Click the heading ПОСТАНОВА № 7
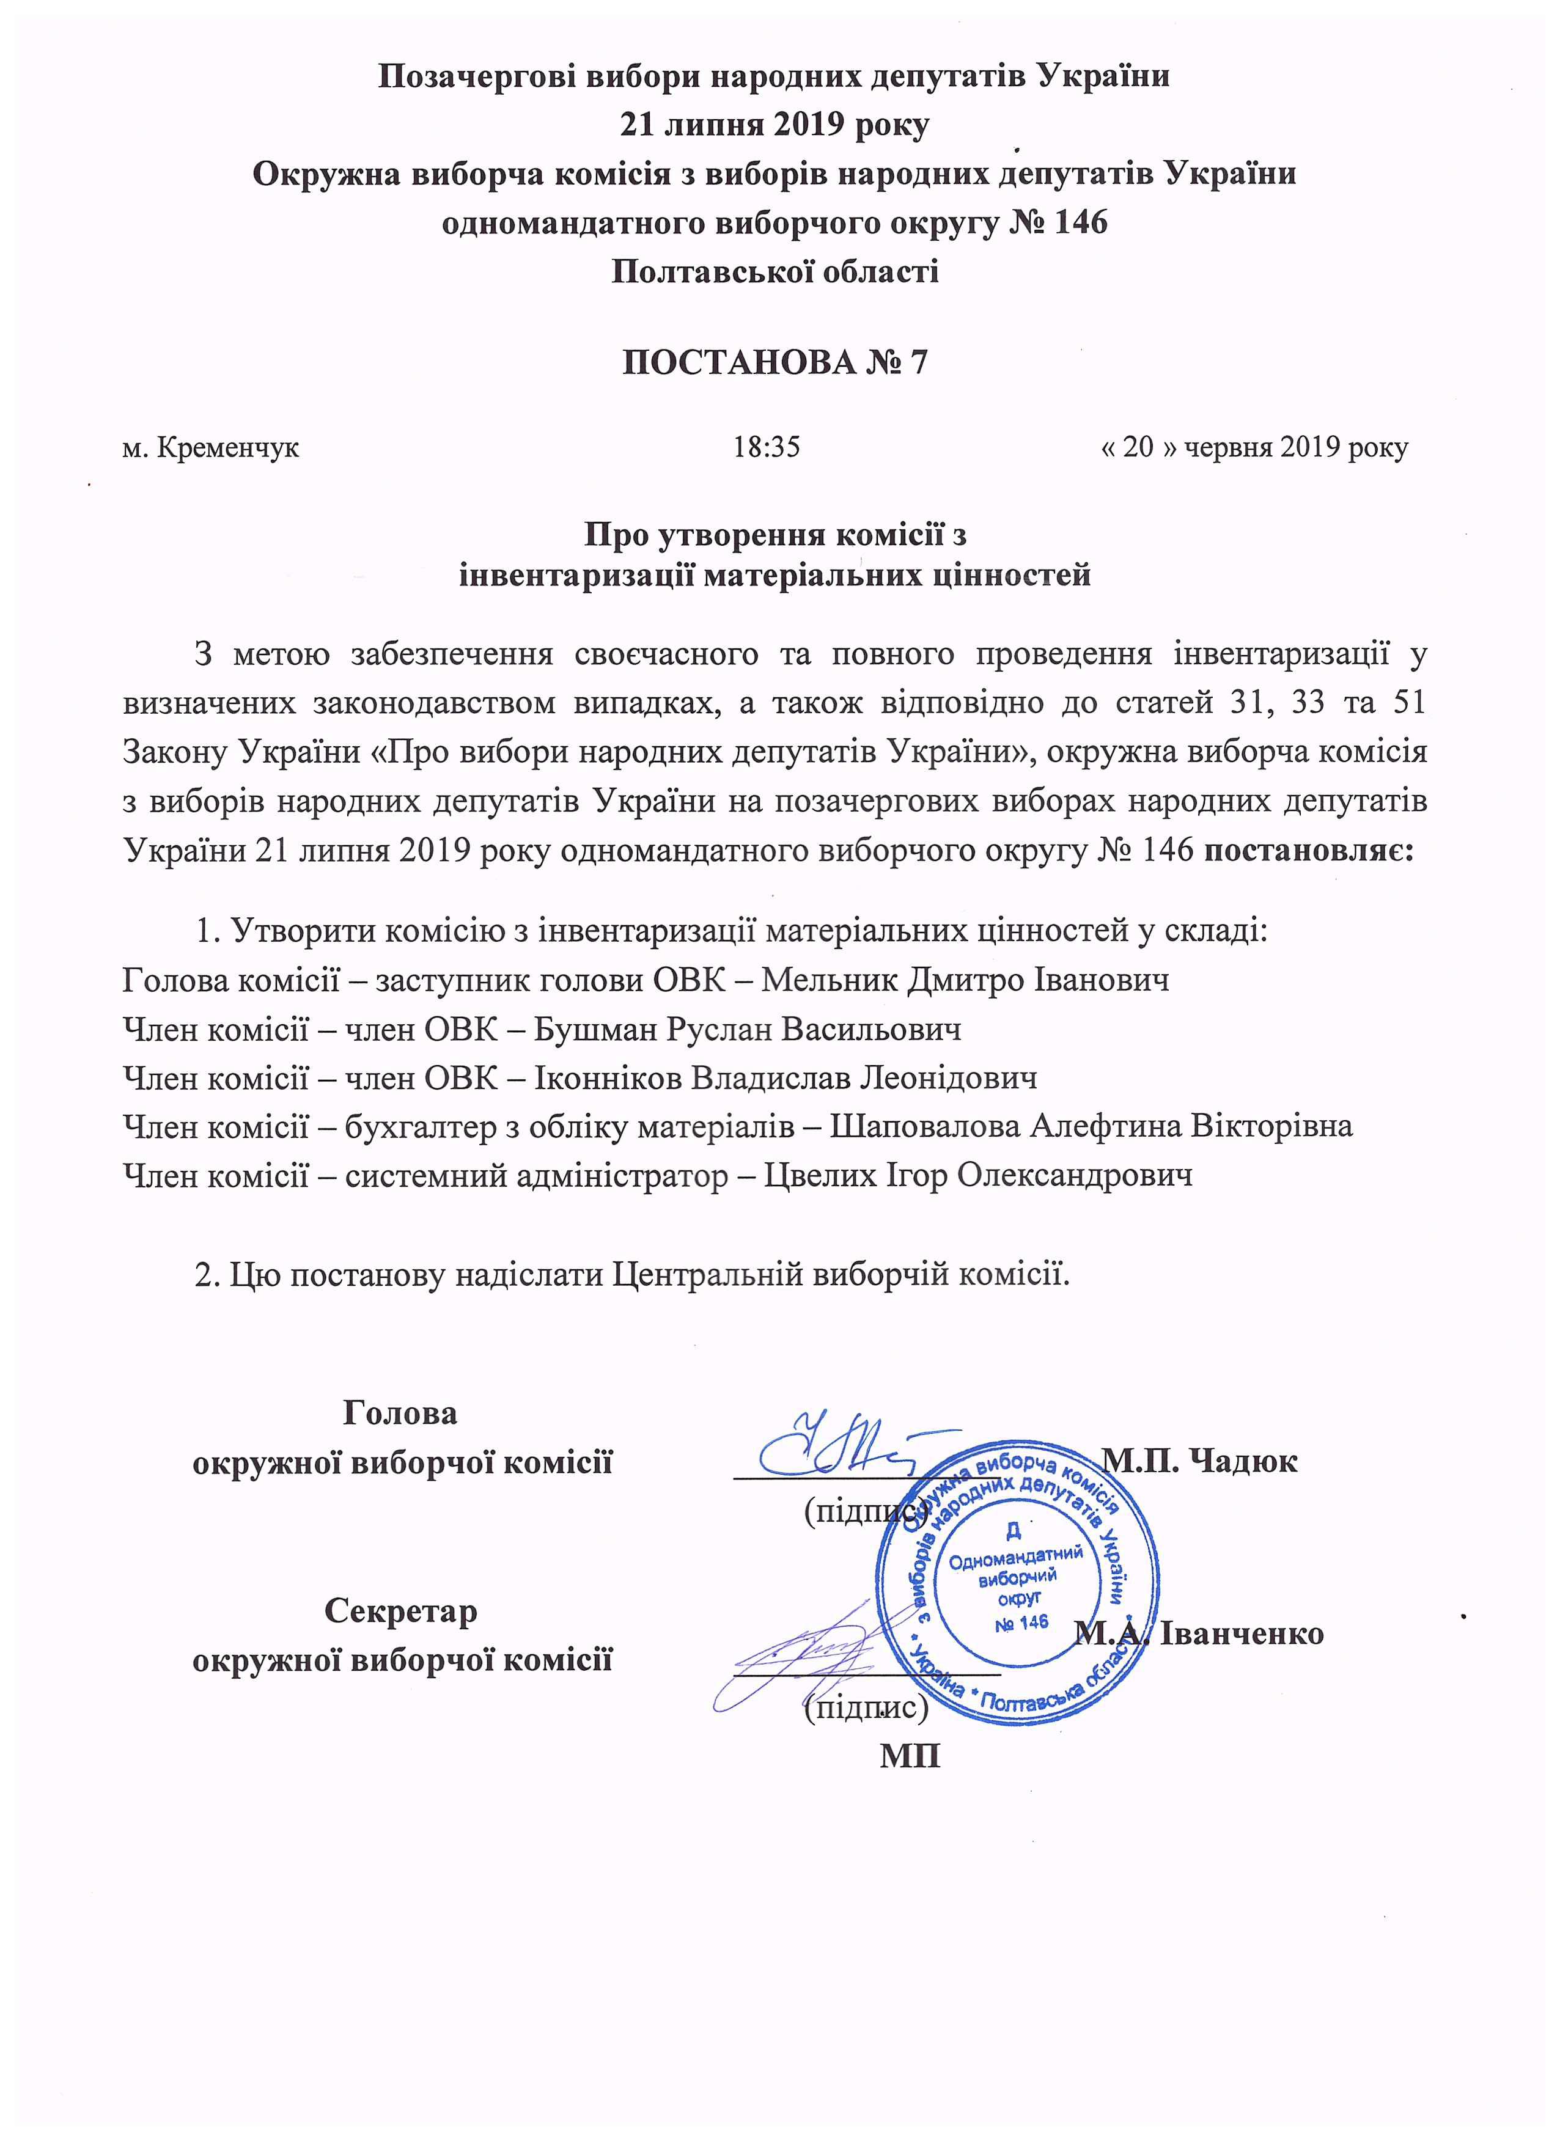click(774, 362)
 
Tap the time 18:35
click(767, 447)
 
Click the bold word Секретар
click(401, 1611)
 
